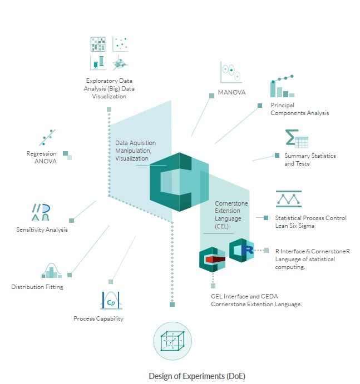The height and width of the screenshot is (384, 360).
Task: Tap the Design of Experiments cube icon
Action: (169, 342)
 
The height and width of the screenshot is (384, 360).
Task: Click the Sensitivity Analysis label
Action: (42, 230)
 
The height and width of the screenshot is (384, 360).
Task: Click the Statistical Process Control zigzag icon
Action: (289, 199)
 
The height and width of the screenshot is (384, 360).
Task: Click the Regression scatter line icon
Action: (48, 137)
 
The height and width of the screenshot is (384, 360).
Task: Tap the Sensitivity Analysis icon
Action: (41, 212)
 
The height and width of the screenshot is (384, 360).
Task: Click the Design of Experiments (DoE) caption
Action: (197, 376)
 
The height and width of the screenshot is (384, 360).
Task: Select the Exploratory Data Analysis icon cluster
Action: (109, 53)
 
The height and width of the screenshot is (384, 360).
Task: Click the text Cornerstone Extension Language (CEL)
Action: (229, 215)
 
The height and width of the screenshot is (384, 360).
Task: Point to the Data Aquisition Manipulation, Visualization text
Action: (136, 151)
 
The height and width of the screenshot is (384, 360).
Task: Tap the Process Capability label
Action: (98, 318)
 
